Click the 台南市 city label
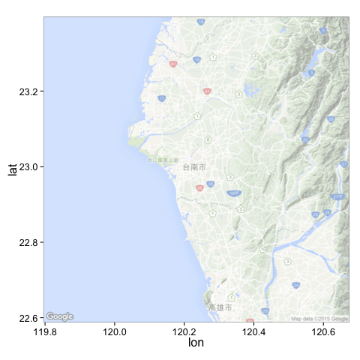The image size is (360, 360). pos(194,167)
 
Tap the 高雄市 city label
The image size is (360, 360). pos(220,307)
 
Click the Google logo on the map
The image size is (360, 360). pos(59,316)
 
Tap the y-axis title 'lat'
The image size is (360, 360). pos(12,169)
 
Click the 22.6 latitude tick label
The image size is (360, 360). pos(28,318)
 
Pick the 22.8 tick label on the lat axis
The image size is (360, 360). pos(28,242)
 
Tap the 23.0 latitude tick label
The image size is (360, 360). pos(28,166)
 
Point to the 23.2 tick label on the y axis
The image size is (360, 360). pos(28,91)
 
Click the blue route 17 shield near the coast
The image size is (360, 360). pos(162,98)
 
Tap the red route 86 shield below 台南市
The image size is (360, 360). pos(199,188)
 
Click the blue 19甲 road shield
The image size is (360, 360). pos(234,193)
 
